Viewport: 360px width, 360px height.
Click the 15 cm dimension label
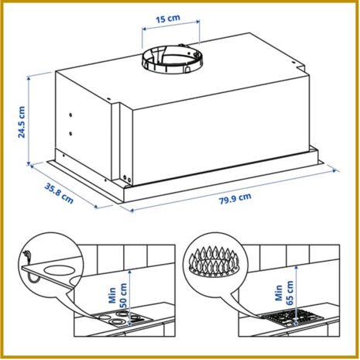pyautogui.click(x=168, y=19)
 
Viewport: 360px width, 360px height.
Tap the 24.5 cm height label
pyautogui.click(x=22, y=122)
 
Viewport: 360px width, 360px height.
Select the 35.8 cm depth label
pyautogui.click(x=59, y=193)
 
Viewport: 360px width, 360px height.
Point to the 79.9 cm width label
pyautogui.click(x=235, y=198)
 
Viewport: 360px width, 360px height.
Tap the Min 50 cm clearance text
pyautogui.click(x=118, y=295)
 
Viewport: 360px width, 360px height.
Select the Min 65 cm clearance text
pyautogui.click(x=284, y=293)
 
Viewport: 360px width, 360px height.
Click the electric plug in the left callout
pyautogui.click(x=27, y=255)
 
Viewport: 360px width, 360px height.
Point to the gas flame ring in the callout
pyautogui.click(x=214, y=262)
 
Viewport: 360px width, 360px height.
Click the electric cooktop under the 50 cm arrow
pyautogui.click(x=122, y=318)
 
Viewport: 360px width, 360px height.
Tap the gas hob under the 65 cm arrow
pyautogui.click(x=293, y=318)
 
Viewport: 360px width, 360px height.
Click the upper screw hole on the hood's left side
pyautogui.click(x=70, y=115)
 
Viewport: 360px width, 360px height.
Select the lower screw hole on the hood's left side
pyautogui.click(x=70, y=134)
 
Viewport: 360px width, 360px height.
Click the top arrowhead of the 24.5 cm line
pyautogui.click(x=29, y=77)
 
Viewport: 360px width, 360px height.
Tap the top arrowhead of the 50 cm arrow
pyautogui.click(x=129, y=272)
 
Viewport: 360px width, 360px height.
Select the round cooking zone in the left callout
pyautogui.click(x=60, y=270)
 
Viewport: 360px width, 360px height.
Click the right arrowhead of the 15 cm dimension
pyautogui.click(x=198, y=22)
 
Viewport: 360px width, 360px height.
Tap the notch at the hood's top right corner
pyautogui.click(x=300, y=67)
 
